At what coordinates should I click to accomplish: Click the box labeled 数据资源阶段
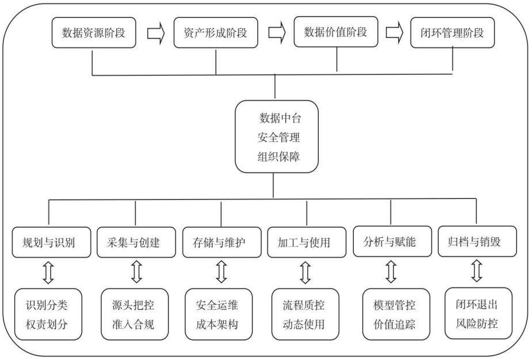point(94,33)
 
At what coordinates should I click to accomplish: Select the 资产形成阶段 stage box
point(216,33)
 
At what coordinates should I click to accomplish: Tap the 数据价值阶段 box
point(335,32)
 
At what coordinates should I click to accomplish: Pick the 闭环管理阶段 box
point(452,33)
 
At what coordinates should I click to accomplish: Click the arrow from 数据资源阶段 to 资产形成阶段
point(156,33)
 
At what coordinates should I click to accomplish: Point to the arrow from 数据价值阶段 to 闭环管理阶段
point(395,33)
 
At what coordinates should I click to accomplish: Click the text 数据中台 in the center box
point(280,118)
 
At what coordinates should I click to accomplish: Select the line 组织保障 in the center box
point(278,157)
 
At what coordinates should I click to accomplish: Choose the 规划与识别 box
point(51,243)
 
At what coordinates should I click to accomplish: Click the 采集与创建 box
point(136,243)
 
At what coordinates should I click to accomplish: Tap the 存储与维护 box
point(222,243)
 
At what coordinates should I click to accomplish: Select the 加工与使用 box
point(307,243)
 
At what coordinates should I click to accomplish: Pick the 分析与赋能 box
point(392,242)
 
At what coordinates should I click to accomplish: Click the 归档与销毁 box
point(477,242)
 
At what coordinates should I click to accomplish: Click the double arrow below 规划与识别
point(48,272)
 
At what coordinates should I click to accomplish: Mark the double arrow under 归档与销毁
point(477,271)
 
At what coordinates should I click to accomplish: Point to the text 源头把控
point(133,305)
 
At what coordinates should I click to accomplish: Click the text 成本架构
point(217,324)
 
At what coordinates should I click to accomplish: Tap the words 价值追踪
point(394,324)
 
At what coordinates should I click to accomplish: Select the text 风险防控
point(476,323)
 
